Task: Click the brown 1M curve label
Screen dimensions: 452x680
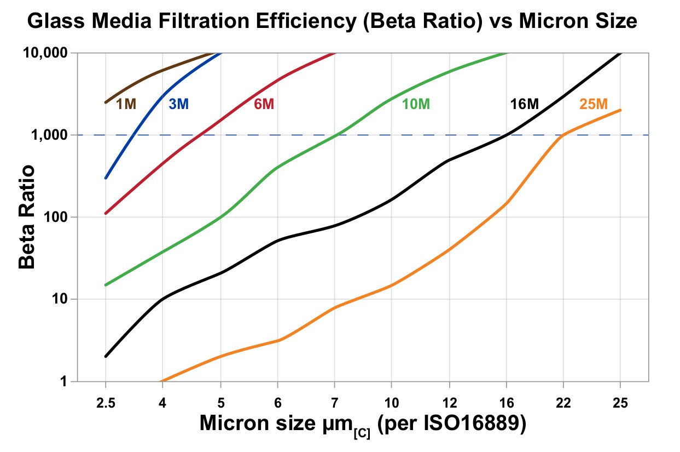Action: point(126,104)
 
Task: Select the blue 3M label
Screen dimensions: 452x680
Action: point(178,104)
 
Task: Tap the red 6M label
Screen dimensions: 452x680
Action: point(264,104)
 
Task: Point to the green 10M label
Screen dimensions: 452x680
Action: point(416,104)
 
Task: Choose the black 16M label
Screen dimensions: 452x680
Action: point(524,104)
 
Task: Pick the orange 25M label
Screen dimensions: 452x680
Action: point(593,104)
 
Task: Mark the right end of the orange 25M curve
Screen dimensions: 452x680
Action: point(620,110)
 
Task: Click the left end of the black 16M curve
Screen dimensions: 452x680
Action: point(106,356)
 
